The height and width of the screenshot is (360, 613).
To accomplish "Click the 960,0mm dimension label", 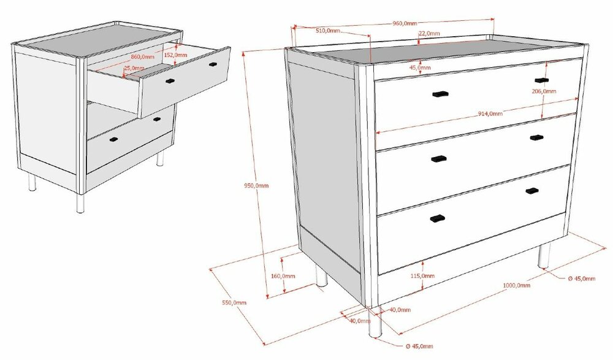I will click(x=405, y=23).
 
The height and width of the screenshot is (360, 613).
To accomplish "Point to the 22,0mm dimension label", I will click(x=429, y=33).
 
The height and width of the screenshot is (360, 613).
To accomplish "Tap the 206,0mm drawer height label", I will click(x=544, y=91).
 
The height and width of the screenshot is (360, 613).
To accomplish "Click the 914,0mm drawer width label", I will click(x=490, y=113).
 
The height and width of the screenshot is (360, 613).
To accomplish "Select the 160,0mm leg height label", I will click(x=283, y=276).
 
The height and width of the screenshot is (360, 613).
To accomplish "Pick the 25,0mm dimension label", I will click(x=134, y=68).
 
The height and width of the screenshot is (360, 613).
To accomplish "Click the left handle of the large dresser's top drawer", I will click(x=439, y=94).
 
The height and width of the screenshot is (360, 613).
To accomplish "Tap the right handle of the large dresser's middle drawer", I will click(x=537, y=137).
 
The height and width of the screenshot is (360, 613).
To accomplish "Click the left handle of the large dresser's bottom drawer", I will click(x=437, y=218).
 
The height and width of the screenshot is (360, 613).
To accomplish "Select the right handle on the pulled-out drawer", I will click(x=213, y=64).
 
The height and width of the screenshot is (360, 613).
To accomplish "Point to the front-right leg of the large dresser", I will click(x=544, y=255).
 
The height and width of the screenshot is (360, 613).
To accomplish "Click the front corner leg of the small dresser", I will click(x=80, y=202).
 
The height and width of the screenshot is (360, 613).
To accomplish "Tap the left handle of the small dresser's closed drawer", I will click(x=113, y=140).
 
